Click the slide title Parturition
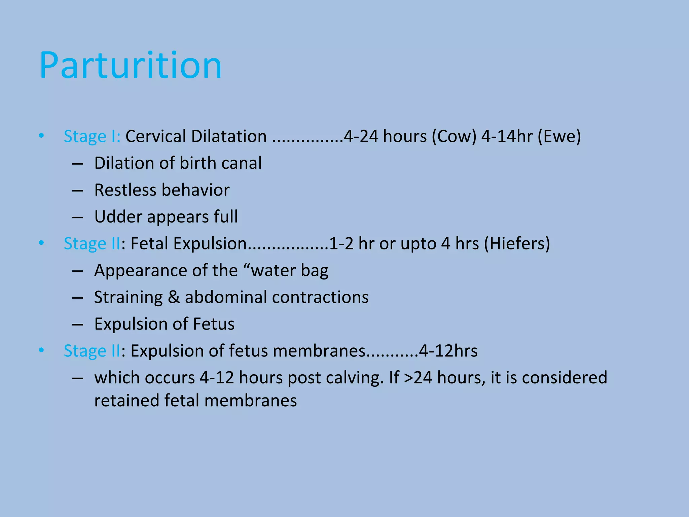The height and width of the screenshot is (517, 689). pos(131,65)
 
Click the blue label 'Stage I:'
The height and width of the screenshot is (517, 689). pos(92,137)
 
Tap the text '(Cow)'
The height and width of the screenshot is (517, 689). pos(454,137)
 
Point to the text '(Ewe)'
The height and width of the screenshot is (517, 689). pos(559,137)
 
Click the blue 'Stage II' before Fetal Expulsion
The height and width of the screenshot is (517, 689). pos(92,244)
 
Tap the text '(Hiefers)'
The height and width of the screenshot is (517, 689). pos(517,244)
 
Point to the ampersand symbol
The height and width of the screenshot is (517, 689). pos(174,298)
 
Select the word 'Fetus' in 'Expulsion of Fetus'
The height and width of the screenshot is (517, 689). pos(214,324)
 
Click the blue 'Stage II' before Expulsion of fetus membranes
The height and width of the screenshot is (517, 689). pos(92,351)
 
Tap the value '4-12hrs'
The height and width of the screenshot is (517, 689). pos(448,351)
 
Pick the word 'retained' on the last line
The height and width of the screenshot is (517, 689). pos(126,401)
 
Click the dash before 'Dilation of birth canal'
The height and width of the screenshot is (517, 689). pos(78,164)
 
